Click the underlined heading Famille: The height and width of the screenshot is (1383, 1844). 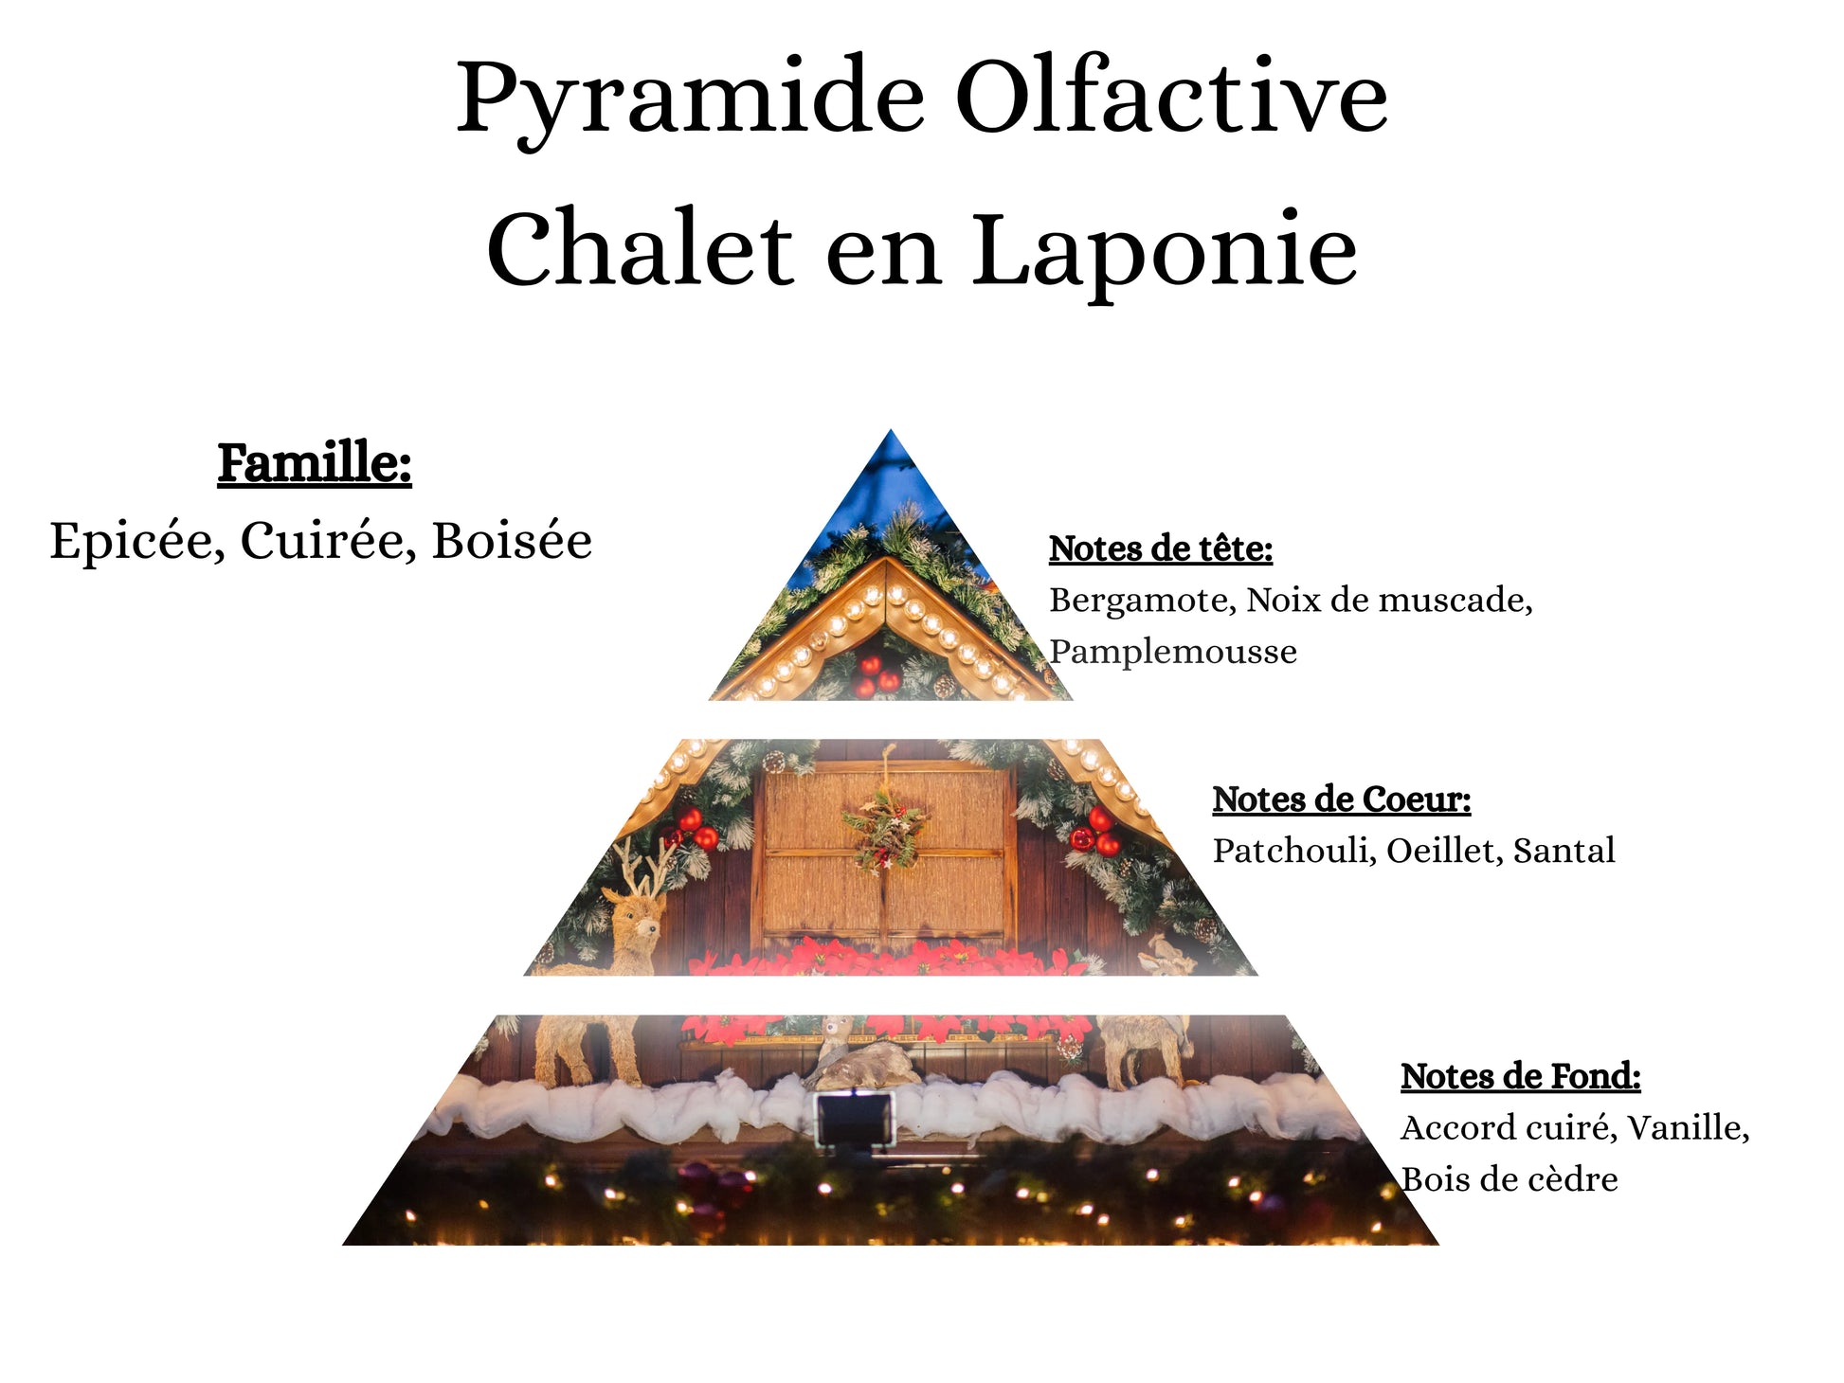pos(315,464)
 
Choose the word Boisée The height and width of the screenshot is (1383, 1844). pos(512,542)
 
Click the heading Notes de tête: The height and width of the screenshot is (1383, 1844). pos(1161,548)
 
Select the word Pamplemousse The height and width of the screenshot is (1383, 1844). pos(1173,653)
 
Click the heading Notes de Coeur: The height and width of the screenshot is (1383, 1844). pos(1342,799)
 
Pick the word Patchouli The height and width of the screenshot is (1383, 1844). pos(1294,851)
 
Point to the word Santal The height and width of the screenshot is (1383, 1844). pos(1564,851)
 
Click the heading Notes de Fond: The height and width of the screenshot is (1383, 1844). pos(1521,1076)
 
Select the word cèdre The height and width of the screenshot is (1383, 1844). pos(1571,1179)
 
